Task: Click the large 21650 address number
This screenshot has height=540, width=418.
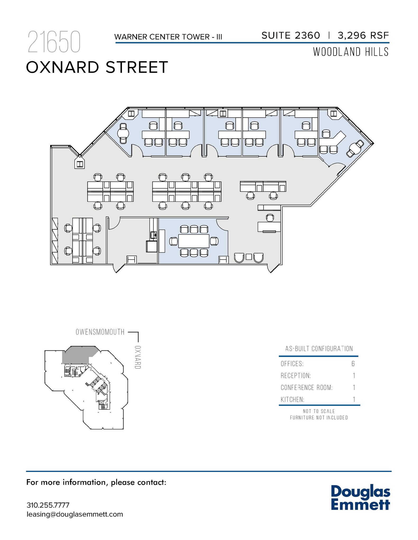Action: pos(54,42)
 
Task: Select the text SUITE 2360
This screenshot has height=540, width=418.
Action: pos(290,35)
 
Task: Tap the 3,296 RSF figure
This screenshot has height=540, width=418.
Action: pos(363,35)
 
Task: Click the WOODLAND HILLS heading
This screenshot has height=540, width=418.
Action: pos(351,52)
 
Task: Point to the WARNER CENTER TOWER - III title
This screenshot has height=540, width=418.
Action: pos(168,37)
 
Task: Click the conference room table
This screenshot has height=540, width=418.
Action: pos(194,241)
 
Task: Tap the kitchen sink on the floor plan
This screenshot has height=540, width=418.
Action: pos(153,234)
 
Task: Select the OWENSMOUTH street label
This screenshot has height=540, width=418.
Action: pos(100,332)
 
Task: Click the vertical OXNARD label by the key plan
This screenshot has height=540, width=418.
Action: pos(138,357)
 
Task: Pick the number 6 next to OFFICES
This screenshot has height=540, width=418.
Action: pos(353,364)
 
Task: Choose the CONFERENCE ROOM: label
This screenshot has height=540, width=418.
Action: pos(306,388)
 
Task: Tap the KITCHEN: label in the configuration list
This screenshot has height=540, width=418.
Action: pos(292,400)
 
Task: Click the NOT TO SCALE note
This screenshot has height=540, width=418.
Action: pos(319,411)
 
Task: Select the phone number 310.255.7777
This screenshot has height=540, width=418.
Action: pos(48,505)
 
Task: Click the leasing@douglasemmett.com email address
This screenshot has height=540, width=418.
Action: pos(75,514)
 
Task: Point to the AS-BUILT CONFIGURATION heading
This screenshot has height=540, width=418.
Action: pos(319,349)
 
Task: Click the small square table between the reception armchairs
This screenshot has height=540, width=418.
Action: pos(248,257)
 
